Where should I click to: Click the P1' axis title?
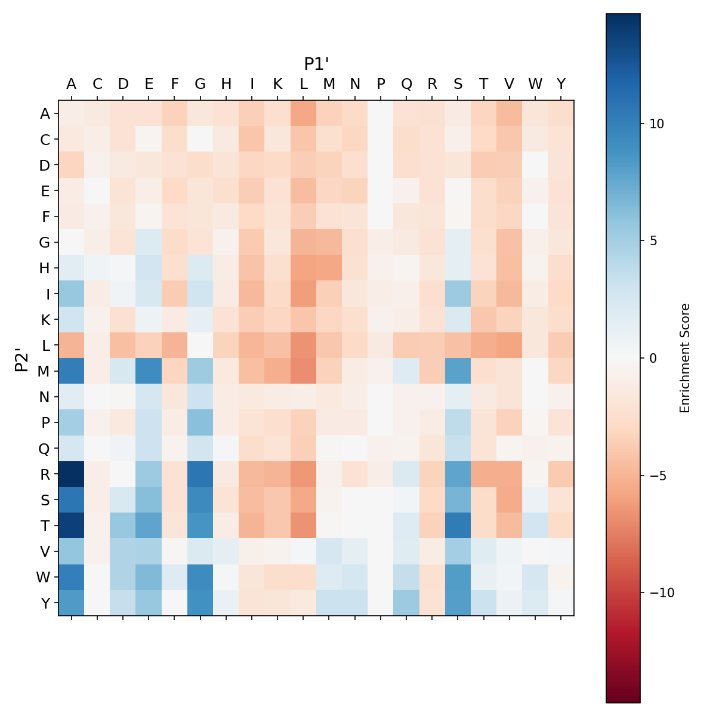316,64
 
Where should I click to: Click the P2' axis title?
21,358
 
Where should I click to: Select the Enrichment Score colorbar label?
685,358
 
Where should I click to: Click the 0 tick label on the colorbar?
653,358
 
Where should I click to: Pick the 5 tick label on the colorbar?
653,241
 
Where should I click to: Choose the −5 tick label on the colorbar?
656,476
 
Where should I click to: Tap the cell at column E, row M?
149,371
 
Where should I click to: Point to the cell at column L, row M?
303,371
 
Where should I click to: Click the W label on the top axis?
535,84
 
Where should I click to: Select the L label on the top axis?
303,84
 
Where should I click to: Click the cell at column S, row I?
458,294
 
